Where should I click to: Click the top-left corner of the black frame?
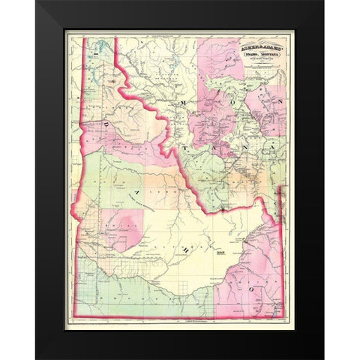tap(37, 2)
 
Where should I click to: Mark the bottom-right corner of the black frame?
tap(323, 358)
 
